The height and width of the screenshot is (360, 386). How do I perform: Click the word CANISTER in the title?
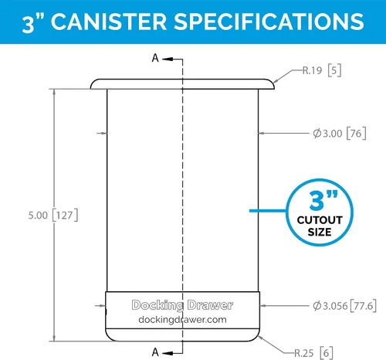tap(109, 22)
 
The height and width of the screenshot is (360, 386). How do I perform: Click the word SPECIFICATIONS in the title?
tap(269, 22)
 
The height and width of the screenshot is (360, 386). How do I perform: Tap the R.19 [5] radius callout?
tap(322, 70)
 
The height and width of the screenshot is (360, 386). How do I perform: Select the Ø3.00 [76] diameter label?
tap(340, 134)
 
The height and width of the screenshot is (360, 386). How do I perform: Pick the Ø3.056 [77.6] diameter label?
tap(344, 306)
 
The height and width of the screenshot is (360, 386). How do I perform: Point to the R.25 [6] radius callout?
tap(313, 353)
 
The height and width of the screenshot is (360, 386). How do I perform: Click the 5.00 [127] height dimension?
tap(53, 215)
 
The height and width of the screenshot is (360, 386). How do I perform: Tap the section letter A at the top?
tap(155, 58)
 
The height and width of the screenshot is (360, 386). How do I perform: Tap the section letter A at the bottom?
tap(155, 352)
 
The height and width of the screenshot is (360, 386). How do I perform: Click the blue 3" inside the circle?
tap(323, 200)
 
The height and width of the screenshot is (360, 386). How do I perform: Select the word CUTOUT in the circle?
tap(320, 220)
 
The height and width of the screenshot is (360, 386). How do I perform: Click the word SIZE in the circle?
tap(320, 232)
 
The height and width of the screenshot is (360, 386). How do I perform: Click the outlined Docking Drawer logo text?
tap(182, 305)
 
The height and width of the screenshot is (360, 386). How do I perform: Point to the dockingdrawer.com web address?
tap(182, 320)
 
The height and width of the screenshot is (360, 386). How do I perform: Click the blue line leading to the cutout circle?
tap(268, 211)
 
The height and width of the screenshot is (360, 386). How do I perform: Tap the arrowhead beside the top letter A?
tap(168, 59)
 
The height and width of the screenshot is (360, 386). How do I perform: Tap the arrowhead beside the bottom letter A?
tap(168, 353)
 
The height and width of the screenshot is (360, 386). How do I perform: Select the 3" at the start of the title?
tap(33, 23)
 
